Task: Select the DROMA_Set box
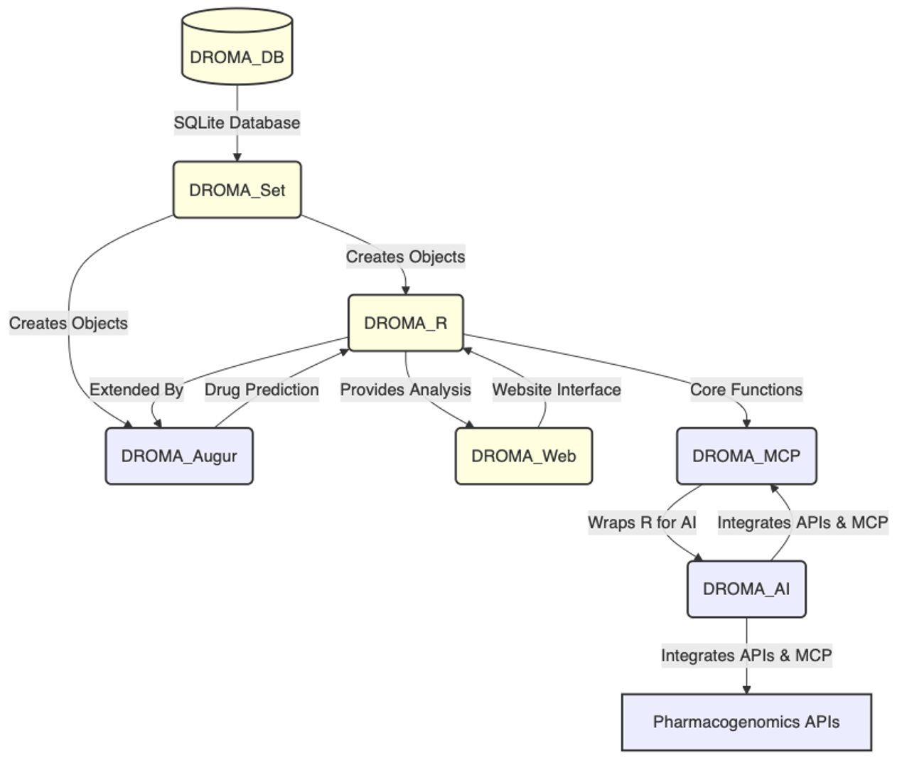(237, 190)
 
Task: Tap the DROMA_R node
(405, 323)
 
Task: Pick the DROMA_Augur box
(179, 456)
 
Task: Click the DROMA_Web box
(523, 456)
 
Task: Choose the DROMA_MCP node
(746, 456)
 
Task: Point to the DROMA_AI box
(746, 589)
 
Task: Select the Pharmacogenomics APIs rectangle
(746, 722)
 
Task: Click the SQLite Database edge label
(237, 123)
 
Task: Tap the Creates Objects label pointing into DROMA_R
(405, 257)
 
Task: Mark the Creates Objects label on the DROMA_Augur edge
(68, 323)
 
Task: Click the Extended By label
(136, 390)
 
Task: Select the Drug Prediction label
(262, 390)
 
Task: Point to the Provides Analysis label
(405, 390)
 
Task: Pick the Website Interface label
(557, 390)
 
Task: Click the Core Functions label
(746, 390)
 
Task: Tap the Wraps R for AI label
(642, 523)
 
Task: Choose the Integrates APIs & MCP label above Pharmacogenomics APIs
(746, 655)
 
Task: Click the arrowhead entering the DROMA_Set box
(237, 156)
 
